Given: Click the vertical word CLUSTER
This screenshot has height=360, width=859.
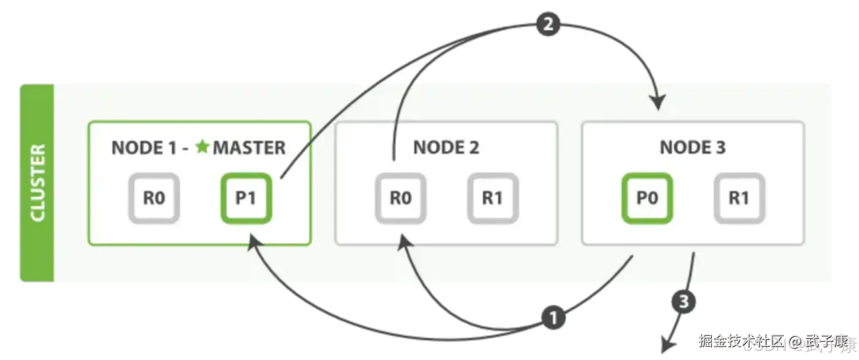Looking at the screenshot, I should tap(37, 183).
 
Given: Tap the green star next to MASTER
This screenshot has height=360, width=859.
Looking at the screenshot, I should tap(202, 147).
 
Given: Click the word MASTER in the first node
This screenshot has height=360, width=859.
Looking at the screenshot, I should tap(249, 148).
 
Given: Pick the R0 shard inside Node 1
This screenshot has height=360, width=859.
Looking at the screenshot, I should tap(154, 198).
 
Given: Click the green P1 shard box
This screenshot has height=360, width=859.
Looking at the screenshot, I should tap(246, 198).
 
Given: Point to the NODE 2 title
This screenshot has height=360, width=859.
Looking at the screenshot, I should tap(446, 148).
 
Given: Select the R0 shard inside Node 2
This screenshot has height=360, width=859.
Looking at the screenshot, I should tap(401, 198).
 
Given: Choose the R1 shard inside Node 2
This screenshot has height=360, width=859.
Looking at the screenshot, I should tap(492, 198).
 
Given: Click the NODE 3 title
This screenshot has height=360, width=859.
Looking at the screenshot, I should tap(692, 148).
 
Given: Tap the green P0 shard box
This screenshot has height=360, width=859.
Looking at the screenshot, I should tap(647, 198).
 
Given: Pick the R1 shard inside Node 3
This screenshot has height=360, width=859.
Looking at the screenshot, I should tap(739, 198).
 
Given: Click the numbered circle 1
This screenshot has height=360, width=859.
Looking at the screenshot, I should tap(553, 318).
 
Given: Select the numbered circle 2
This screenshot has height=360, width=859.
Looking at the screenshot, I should tap(548, 25).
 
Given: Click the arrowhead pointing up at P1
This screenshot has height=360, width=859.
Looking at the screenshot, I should tap(253, 244).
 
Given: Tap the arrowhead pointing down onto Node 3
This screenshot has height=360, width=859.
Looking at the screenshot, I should tap(659, 102).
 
